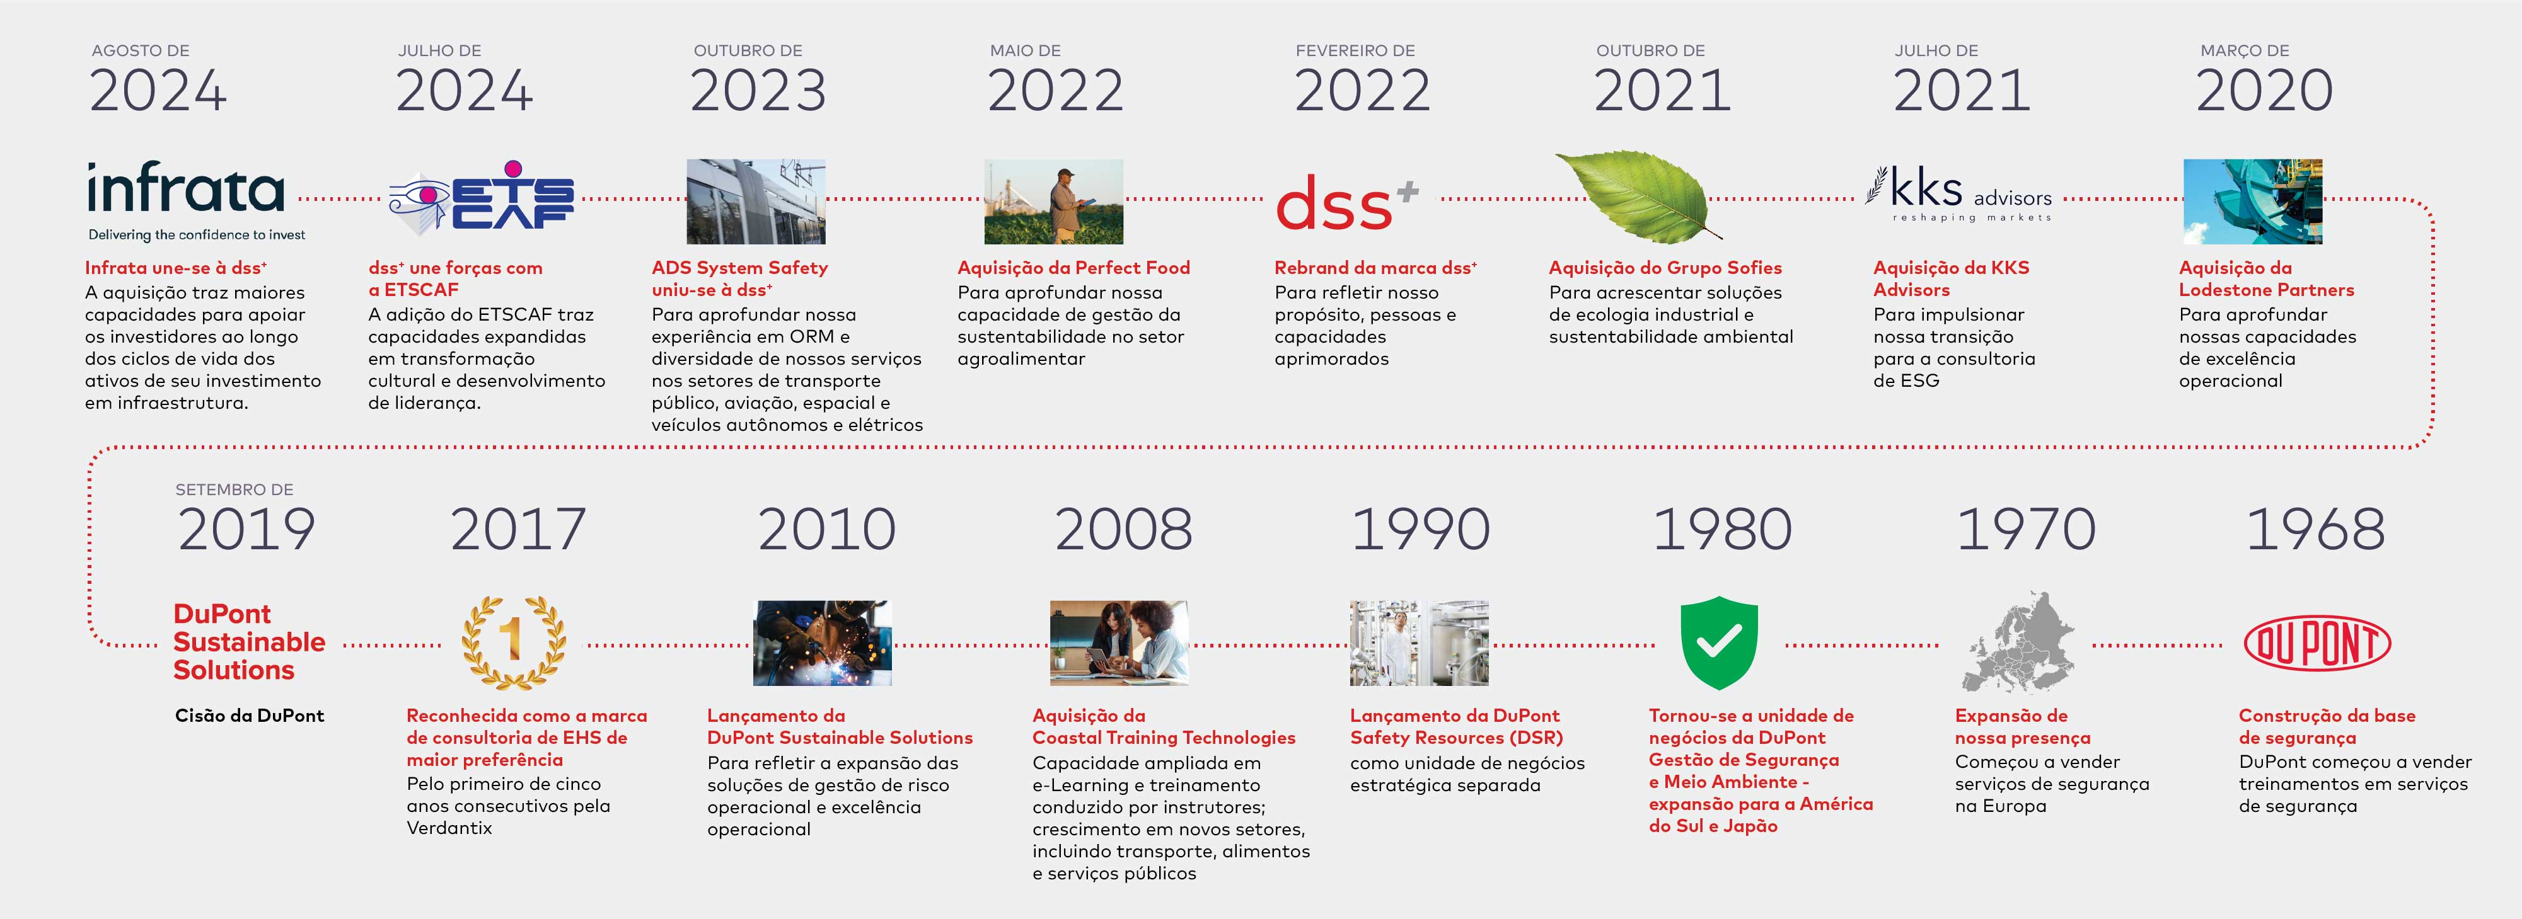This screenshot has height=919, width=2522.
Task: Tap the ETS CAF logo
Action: click(482, 198)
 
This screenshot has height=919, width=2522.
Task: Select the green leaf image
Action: click(1637, 195)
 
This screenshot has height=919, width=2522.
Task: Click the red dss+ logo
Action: click(1346, 203)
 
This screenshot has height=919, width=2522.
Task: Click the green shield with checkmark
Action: click(1719, 643)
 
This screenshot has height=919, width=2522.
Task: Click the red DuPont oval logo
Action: click(2317, 643)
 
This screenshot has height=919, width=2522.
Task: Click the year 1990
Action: click(1421, 530)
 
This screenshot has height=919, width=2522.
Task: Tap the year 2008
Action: click(1123, 530)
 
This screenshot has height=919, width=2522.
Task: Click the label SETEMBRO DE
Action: click(234, 489)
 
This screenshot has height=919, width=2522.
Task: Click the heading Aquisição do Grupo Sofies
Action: click(1665, 267)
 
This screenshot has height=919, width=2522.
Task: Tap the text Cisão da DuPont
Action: click(250, 716)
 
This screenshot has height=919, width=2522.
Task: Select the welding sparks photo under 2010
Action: click(823, 643)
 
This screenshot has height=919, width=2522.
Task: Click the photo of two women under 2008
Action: click(1119, 643)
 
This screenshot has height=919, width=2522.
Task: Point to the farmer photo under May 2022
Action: click(1053, 202)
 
